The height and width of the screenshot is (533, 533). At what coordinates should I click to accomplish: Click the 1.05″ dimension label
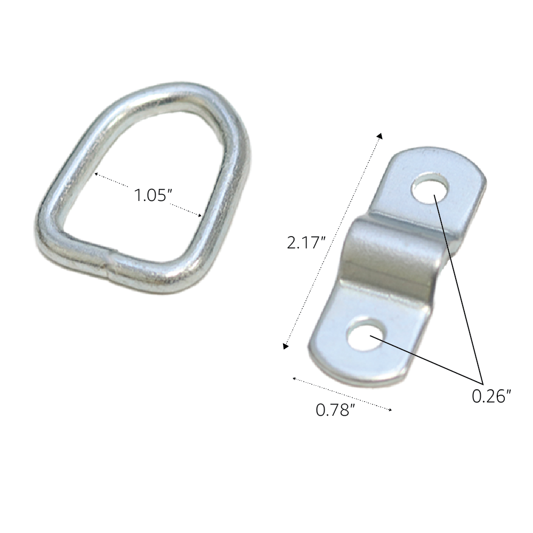(x=151, y=196)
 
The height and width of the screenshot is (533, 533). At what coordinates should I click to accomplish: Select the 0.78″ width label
(x=335, y=410)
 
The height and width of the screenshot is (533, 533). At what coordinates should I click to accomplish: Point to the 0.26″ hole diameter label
(x=491, y=395)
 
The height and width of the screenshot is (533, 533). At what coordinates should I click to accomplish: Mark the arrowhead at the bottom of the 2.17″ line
(x=286, y=346)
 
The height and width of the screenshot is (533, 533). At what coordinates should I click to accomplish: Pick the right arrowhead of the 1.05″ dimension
(x=200, y=215)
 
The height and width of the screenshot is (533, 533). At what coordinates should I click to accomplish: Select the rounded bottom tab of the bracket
(x=346, y=362)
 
